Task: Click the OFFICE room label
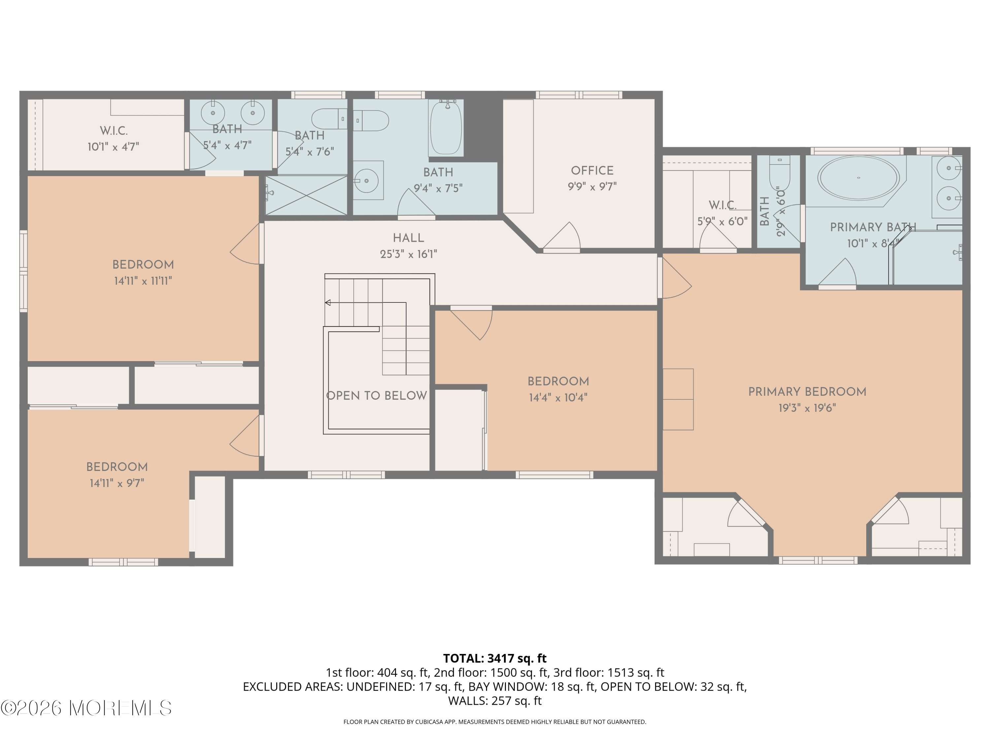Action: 592,170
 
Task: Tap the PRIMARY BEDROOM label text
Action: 807,392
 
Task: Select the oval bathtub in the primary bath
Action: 858,177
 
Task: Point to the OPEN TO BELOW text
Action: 376,396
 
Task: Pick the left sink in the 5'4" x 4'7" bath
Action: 213,113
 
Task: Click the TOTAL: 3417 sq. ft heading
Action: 495,658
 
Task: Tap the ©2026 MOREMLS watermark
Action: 86,708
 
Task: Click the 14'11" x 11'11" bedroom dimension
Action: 143,281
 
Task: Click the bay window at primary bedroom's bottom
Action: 818,560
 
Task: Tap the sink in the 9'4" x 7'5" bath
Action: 366,181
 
